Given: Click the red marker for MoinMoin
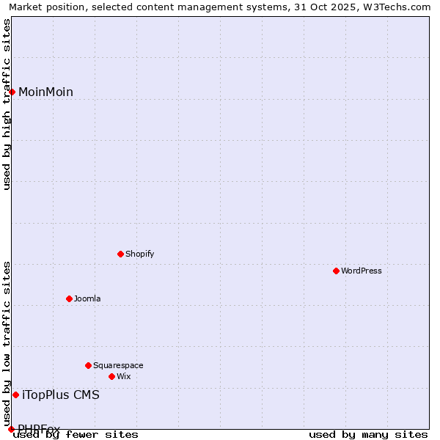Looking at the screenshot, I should click(x=12, y=92).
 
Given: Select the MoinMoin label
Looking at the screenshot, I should click(x=45, y=92).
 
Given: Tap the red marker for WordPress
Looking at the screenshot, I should click(x=337, y=271).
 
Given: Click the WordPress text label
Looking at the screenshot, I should click(x=362, y=271).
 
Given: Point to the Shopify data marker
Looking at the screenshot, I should click(x=121, y=254).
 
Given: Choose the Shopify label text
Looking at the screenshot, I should click(x=139, y=254).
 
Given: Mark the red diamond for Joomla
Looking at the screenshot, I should click(x=70, y=298).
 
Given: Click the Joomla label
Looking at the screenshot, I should click(x=87, y=298).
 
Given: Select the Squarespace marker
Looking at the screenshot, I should click(x=89, y=365).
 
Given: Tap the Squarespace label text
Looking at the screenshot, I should click(x=118, y=365).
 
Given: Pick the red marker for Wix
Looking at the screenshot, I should click(x=112, y=376).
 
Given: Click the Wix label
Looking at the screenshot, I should click(x=124, y=376).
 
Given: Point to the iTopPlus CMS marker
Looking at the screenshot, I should click(x=15, y=395).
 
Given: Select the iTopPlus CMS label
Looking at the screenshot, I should click(x=61, y=395).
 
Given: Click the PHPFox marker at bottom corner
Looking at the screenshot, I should click(x=11, y=429).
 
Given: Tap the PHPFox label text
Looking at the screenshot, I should click(x=39, y=429).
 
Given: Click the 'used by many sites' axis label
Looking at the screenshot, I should click(x=368, y=434).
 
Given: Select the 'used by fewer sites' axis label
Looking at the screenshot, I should click(x=76, y=434).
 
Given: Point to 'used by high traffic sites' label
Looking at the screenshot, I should click(x=7, y=104).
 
